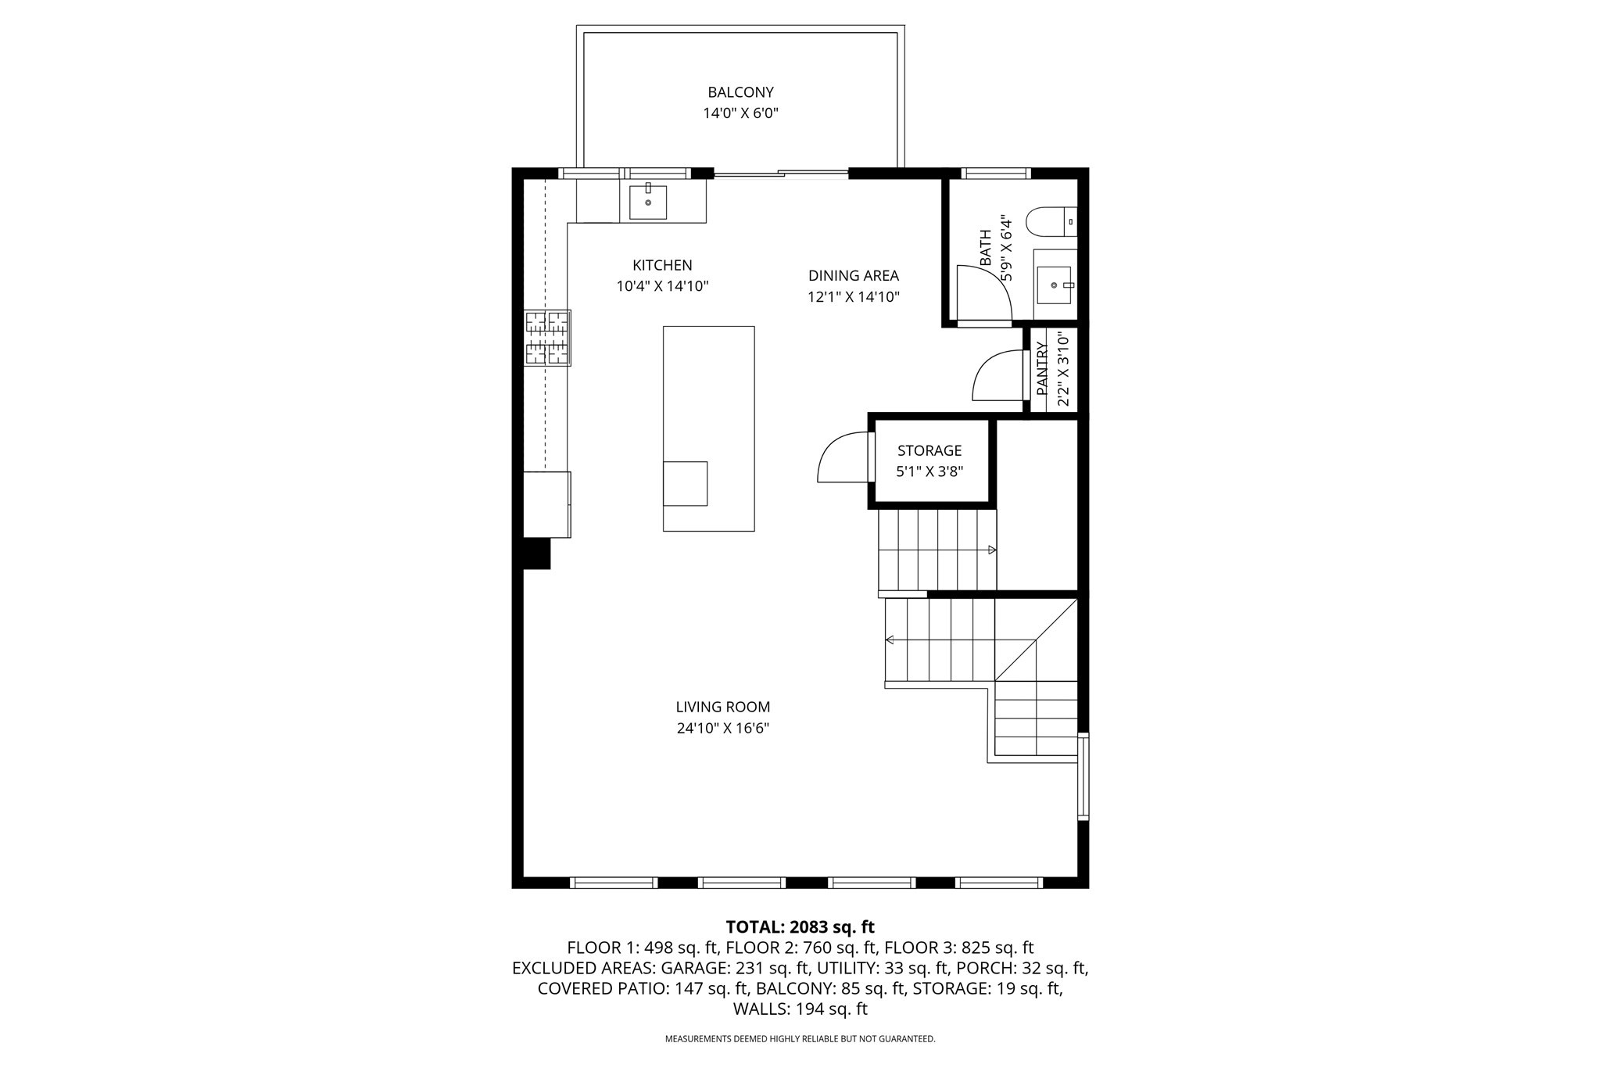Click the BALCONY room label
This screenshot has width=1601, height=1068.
[740, 92]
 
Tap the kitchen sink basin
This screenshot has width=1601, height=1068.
[648, 202]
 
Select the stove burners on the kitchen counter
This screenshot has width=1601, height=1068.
[547, 338]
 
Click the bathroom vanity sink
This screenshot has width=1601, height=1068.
[1054, 285]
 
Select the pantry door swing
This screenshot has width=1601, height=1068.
[996, 378]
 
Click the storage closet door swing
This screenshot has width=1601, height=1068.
[841, 459]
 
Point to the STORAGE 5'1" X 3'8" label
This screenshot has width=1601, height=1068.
[929, 461]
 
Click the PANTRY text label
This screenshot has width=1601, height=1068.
[1042, 368]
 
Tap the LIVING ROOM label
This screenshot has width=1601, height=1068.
[723, 707]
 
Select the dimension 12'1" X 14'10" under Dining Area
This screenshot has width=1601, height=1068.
[854, 297]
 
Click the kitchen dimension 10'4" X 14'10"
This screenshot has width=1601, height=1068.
[662, 286]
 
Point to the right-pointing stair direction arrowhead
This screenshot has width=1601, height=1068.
[992, 550]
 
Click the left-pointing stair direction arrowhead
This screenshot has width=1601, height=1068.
[890, 640]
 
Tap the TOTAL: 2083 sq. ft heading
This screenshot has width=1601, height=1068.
[800, 927]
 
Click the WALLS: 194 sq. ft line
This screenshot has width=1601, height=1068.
[800, 1009]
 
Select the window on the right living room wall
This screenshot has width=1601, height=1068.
[1083, 776]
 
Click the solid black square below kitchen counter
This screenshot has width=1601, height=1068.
[537, 554]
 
